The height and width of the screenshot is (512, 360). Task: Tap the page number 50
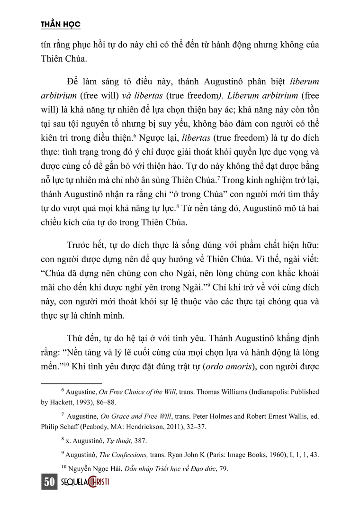tap(49, 483)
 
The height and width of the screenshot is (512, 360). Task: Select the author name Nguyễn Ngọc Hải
tap(95, 468)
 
